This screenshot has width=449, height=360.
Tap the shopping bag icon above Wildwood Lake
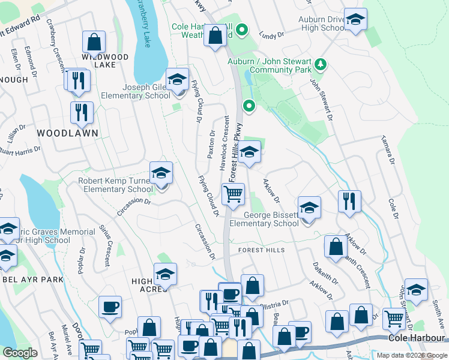click(x=94, y=43)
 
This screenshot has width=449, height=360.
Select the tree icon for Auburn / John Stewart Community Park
click(x=321, y=64)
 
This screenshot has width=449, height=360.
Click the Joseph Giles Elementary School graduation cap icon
click(x=177, y=80)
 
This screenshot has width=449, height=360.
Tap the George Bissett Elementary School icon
click(x=309, y=208)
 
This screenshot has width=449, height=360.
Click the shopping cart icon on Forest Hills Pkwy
click(x=232, y=194)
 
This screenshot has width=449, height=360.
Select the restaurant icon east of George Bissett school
click(x=349, y=202)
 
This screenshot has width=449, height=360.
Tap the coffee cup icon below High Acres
click(x=110, y=307)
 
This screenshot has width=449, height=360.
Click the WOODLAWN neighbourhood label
click(x=67, y=133)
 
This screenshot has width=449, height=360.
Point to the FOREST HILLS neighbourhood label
click(x=261, y=250)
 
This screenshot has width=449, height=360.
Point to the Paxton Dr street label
click(x=211, y=145)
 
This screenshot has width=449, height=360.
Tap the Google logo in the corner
click(x=20, y=353)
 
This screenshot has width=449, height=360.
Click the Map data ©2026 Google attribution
click(x=412, y=355)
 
